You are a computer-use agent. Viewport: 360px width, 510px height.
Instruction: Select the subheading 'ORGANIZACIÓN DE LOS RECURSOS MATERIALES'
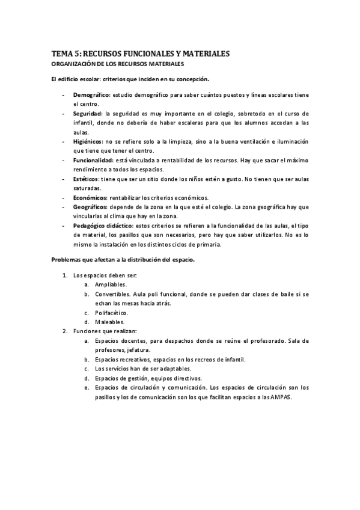[x=117, y=64]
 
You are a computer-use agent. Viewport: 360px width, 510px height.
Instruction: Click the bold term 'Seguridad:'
[x=88, y=113]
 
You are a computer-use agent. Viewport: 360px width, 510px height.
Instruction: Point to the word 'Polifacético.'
[x=111, y=313]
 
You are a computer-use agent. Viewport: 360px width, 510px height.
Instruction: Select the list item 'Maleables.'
[x=108, y=322]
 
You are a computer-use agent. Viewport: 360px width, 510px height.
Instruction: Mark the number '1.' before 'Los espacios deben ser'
[x=65, y=275]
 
